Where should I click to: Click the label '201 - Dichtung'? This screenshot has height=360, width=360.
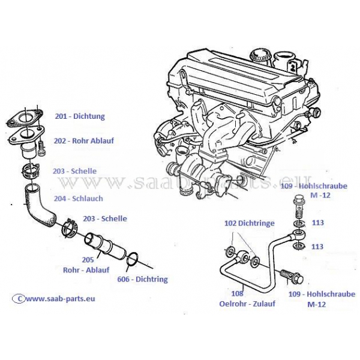[x=80, y=116]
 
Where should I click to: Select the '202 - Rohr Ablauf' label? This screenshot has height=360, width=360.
[x=83, y=141]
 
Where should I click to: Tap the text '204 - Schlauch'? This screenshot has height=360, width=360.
[x=78, y=198]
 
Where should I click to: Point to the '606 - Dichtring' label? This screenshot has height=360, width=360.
[x=143, y=279]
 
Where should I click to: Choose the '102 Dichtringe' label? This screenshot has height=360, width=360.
[x=250, y=223]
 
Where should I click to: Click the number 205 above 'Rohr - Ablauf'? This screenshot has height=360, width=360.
[x=88, y=260]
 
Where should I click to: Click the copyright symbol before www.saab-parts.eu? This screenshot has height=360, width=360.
[x=19, y=298]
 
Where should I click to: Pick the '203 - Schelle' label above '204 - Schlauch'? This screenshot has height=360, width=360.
[x=74, y=171]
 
